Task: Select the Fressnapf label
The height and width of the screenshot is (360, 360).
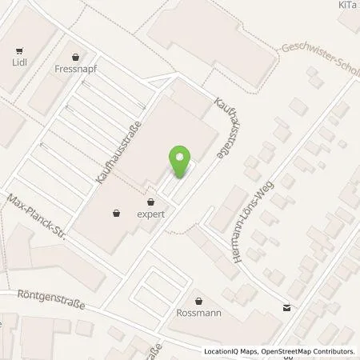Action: pyautogui.click(x=77, y=70)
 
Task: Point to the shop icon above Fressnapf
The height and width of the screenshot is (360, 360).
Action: pyautogui.click(x=76, y=56)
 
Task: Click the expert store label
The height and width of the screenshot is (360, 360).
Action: pyautogui.click(x=150, y=214)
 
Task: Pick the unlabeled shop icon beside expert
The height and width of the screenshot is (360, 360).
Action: pyautogui.click(x=118, y=213)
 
